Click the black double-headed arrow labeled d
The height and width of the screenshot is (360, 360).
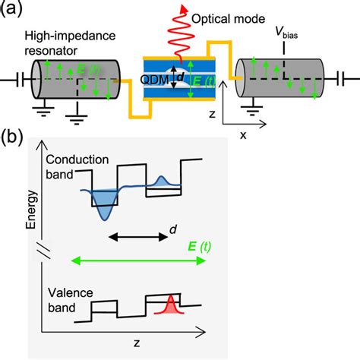(137, 237)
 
